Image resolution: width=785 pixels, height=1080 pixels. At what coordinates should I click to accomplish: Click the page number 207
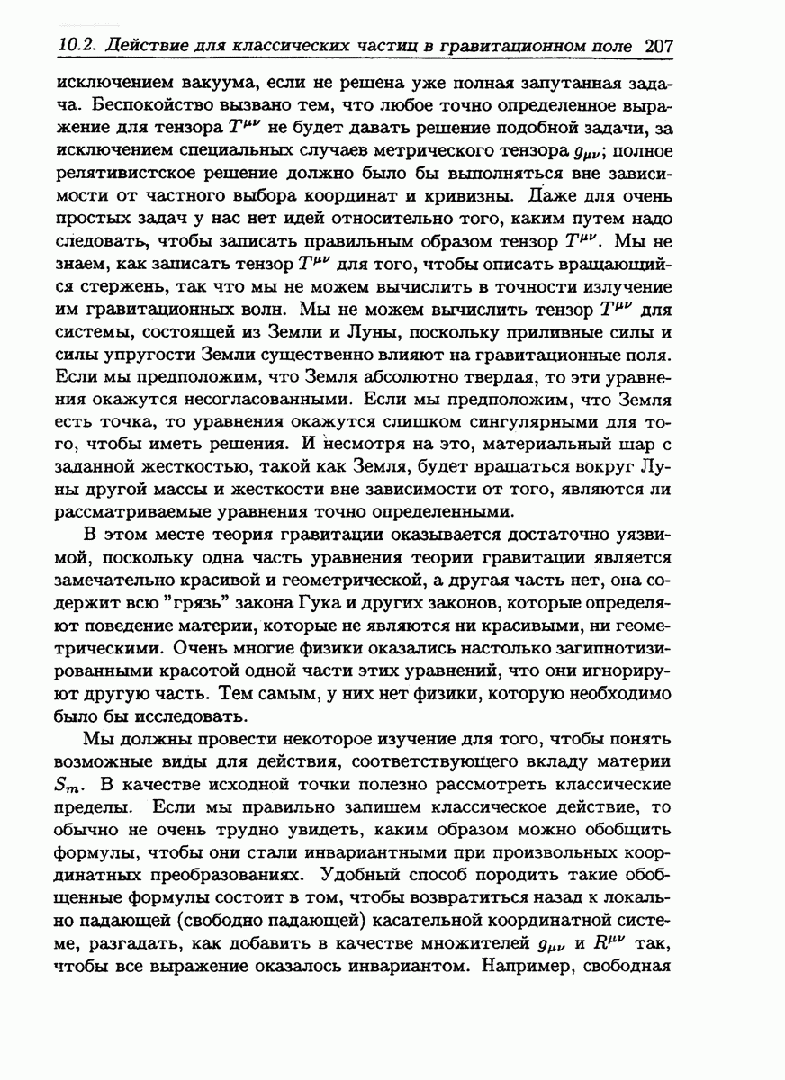(x=661, y=46)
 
